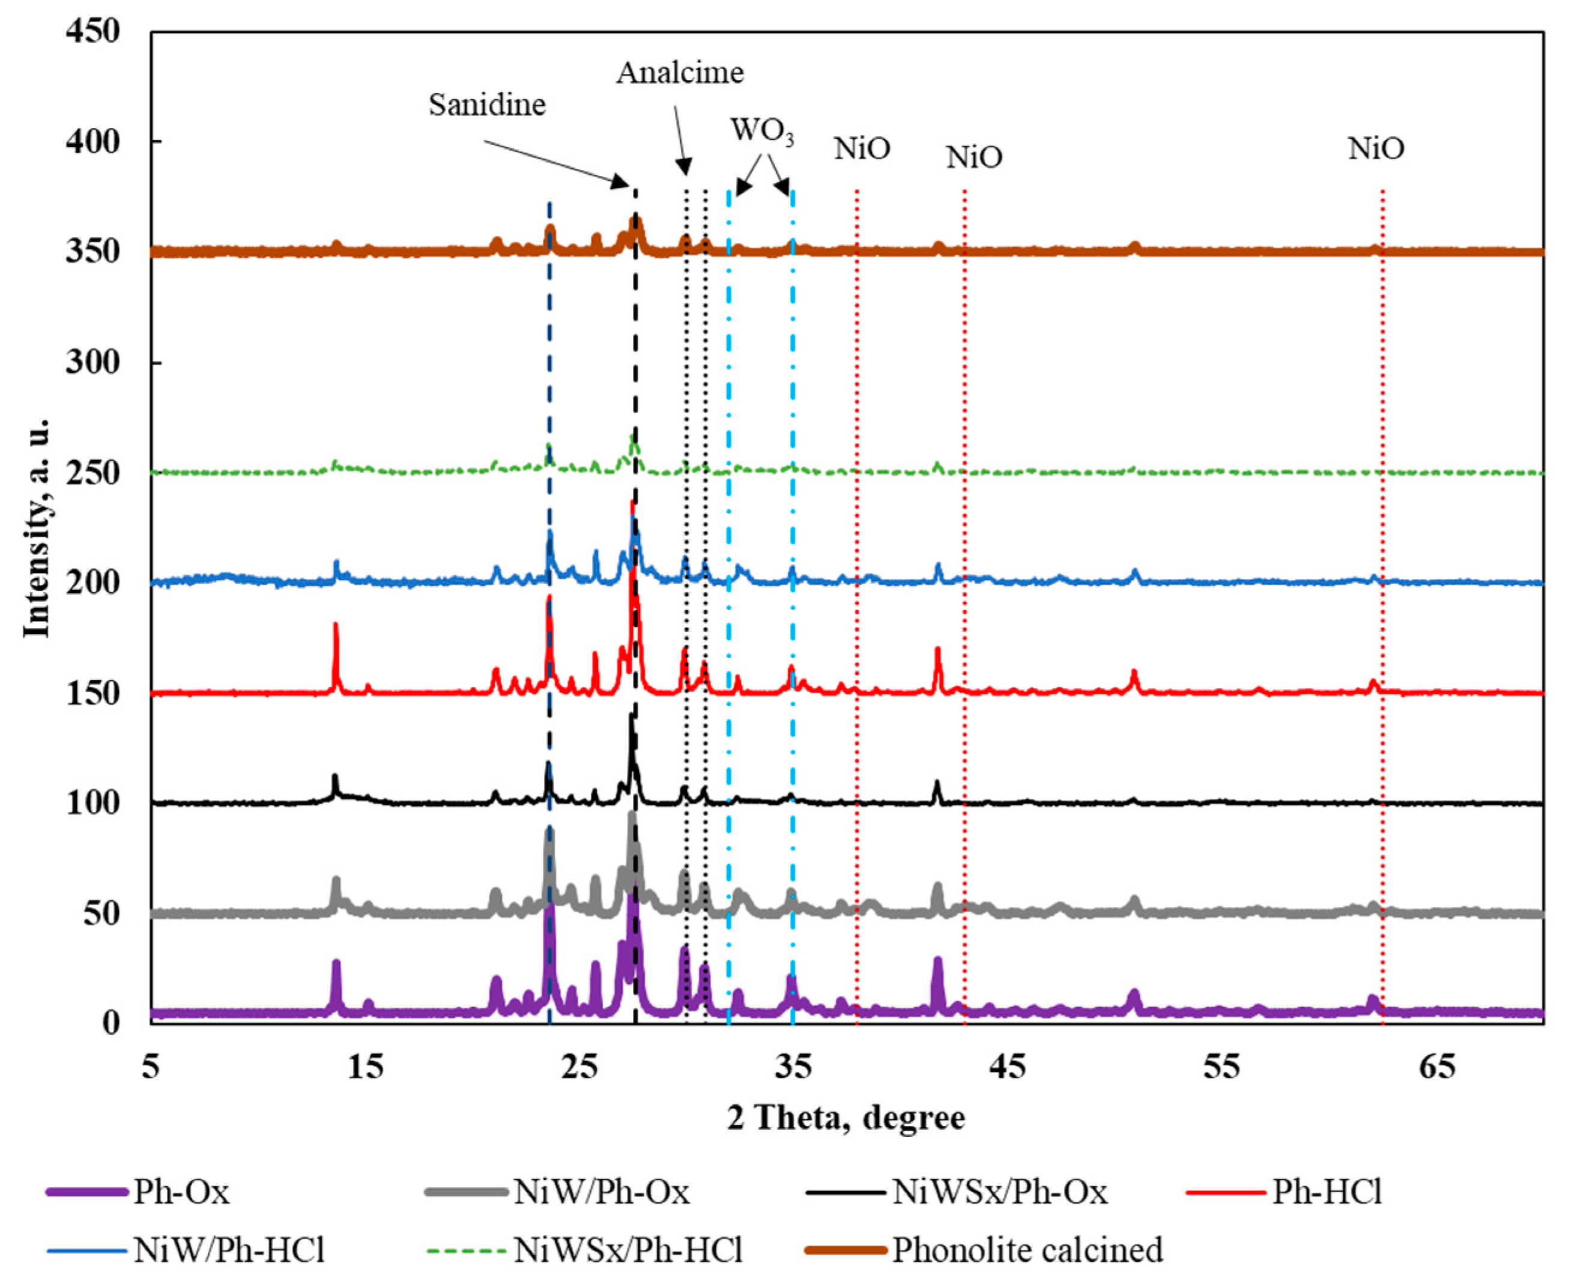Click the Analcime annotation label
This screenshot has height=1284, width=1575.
click(x=680, y=73)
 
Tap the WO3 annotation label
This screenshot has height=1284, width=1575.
click(x=761, y=131)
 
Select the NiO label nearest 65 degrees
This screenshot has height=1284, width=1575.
click(x=1376, y=149)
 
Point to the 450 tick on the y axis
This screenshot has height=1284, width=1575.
click(x=92, y=32)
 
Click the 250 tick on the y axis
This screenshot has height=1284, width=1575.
click(x=92, y=473)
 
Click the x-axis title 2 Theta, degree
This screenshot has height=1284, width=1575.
click(x=846, y=1118)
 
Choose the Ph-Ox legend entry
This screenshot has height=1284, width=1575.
click(x=181, y=1192)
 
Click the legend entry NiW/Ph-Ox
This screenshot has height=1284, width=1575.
click(x=600, y=1192)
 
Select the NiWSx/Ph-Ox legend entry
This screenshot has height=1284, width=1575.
click(x=998, y=1192)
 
